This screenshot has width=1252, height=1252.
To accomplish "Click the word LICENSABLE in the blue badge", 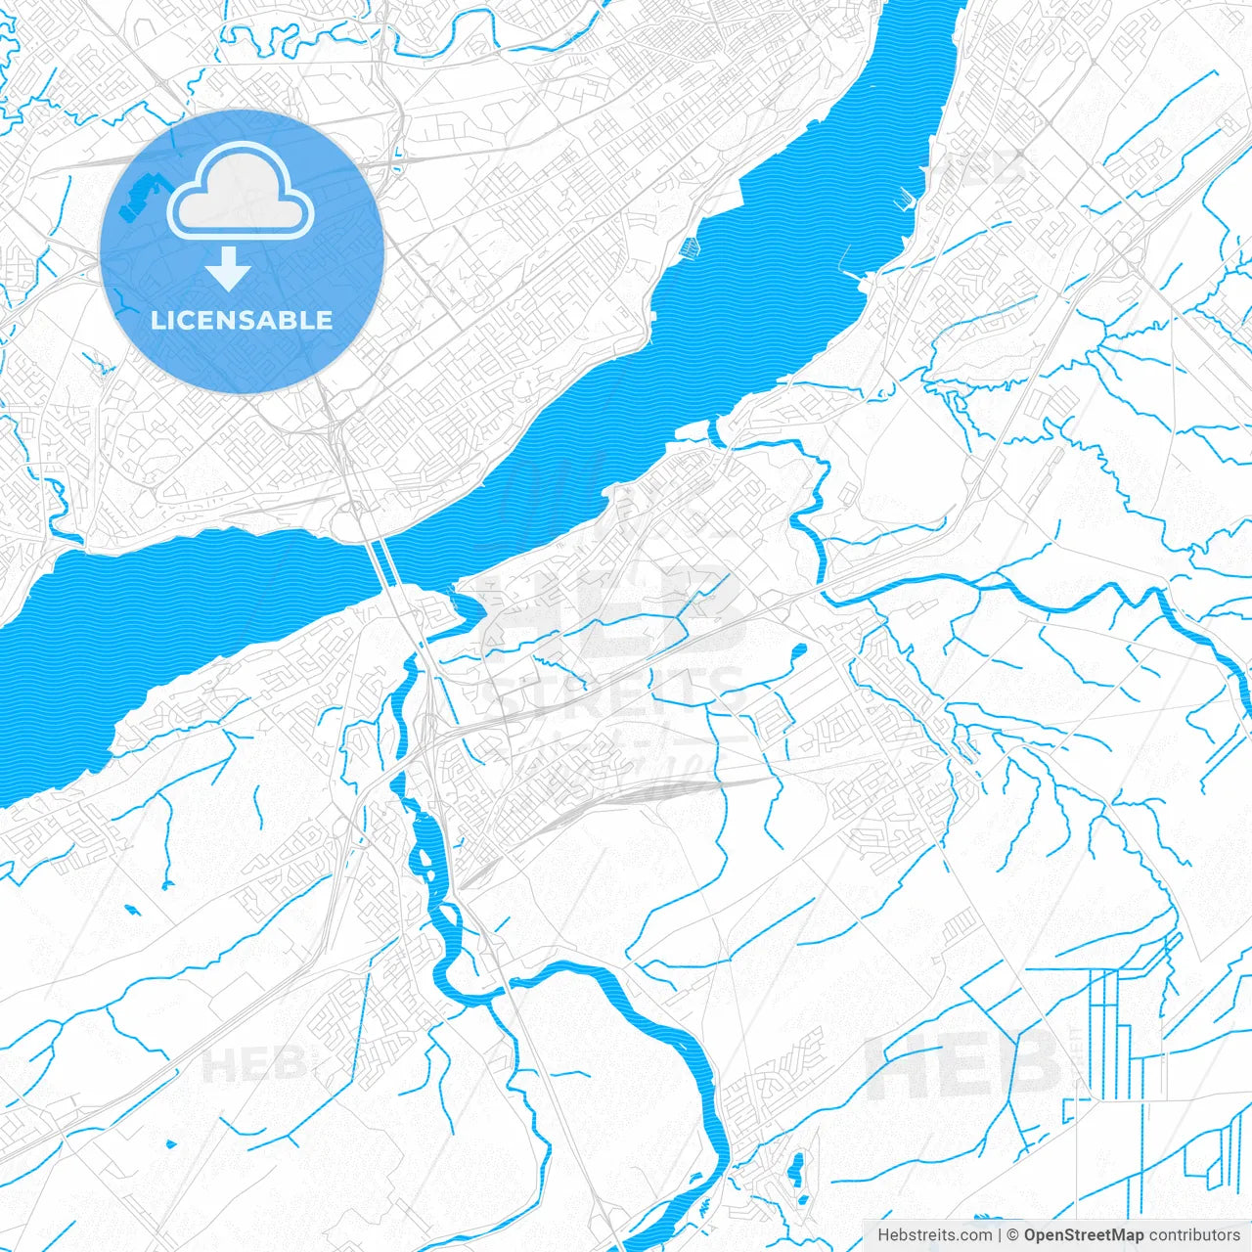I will pos(242,320).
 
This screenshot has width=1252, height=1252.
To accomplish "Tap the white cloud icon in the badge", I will pos(241,193).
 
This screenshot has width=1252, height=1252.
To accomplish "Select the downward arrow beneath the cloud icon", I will pos(228,269).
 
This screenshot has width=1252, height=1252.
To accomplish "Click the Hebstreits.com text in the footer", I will pos(933,1235).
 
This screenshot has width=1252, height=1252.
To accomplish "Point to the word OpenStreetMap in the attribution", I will pos(1083,1235).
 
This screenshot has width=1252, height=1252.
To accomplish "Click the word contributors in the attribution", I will pos(1194,1235).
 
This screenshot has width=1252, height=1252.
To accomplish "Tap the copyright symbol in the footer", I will pos(1012,1235).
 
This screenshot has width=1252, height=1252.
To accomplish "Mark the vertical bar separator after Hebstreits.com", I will pos(999,1235).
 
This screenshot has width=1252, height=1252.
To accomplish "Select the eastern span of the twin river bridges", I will pos(388,560).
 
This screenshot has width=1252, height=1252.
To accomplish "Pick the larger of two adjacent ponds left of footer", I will pos(796,1169).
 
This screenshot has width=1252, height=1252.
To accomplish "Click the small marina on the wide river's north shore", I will pos(691,247).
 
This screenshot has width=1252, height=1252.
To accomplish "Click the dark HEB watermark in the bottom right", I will pos(962,1064).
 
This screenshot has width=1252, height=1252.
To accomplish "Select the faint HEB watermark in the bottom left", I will pos(252,1064).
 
